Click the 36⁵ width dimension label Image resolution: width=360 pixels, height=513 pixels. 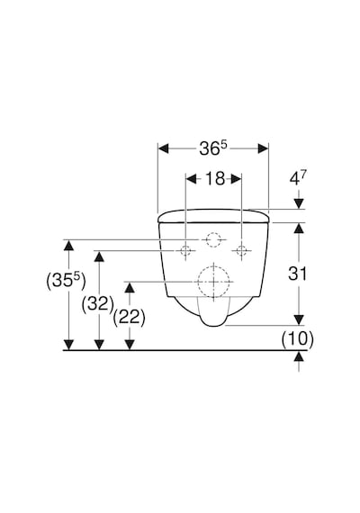(x=213, y=148)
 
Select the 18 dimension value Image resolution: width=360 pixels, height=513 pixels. (x=215, y=178)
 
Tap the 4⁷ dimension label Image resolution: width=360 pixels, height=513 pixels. (x=298, y=178)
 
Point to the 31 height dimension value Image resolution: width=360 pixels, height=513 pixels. (x=298, y=274)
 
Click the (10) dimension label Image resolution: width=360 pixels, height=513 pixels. (x=298, y=338)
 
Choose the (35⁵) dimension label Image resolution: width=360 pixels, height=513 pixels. (x=66, y=281)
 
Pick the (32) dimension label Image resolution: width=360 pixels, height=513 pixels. (x=97, y=304)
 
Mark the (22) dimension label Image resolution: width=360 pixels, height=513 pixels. (x=129, y=317)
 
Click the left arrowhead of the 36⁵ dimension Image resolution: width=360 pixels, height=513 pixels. (x=163, y=148)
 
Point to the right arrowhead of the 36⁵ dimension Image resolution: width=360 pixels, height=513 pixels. (x=263, y=148)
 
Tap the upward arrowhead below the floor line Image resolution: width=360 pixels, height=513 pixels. (x=299, y=356)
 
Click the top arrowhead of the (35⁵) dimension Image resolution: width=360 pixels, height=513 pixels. (x=68, y=245)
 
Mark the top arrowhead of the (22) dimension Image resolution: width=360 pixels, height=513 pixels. (x=130, y=287)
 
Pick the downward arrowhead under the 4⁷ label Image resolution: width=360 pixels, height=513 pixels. (x=299, y=203)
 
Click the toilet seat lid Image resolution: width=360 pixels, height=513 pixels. (x=213, y=216)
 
